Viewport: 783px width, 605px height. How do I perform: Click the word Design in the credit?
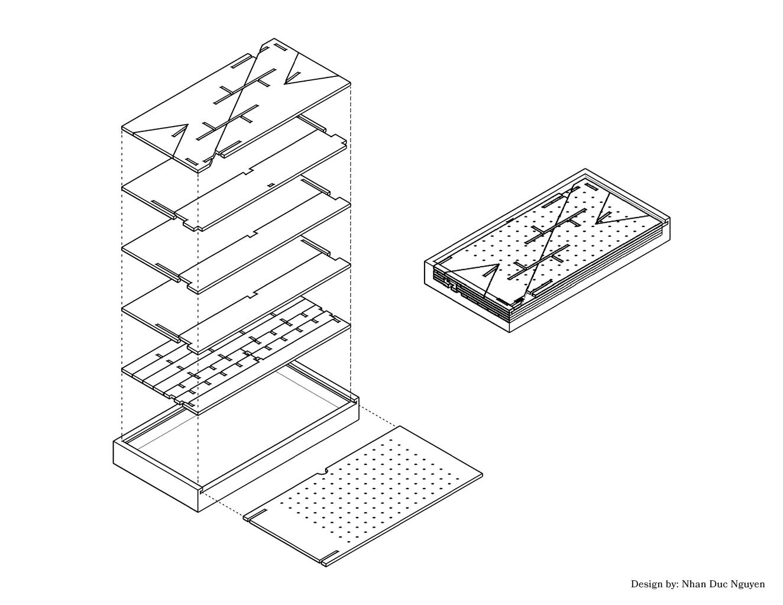coord(644,584)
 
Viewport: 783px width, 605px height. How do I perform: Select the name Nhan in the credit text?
coord(693,584)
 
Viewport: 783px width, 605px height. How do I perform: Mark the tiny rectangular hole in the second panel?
coord(271,185)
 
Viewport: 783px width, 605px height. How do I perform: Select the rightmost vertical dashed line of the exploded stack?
coord(351,242)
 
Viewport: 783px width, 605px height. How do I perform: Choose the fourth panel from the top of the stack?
coord(236,295)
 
